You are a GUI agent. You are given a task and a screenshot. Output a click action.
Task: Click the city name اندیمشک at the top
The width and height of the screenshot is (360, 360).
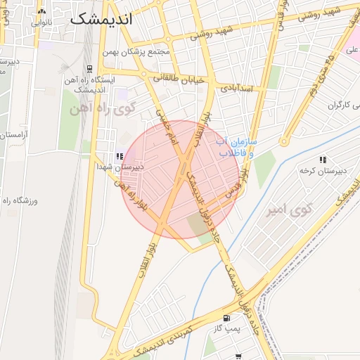pyautogui.click(x=101, y=19)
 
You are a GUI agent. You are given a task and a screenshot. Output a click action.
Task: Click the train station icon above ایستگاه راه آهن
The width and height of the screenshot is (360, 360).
pyautogui.click(x=89, y=69)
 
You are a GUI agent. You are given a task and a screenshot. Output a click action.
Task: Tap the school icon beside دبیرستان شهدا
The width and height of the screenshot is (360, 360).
pyautogui.click(x=120, y=156)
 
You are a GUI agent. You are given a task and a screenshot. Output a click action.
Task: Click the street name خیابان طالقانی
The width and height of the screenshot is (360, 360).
pyautogui.click(x=179, y=79)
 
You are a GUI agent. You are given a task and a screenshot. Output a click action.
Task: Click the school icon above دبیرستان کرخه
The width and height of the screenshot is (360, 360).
pyautogui.click(x=323, y=160)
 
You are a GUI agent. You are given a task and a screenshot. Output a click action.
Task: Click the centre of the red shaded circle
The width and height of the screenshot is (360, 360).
pyautogui.click(x=180, y=179)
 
